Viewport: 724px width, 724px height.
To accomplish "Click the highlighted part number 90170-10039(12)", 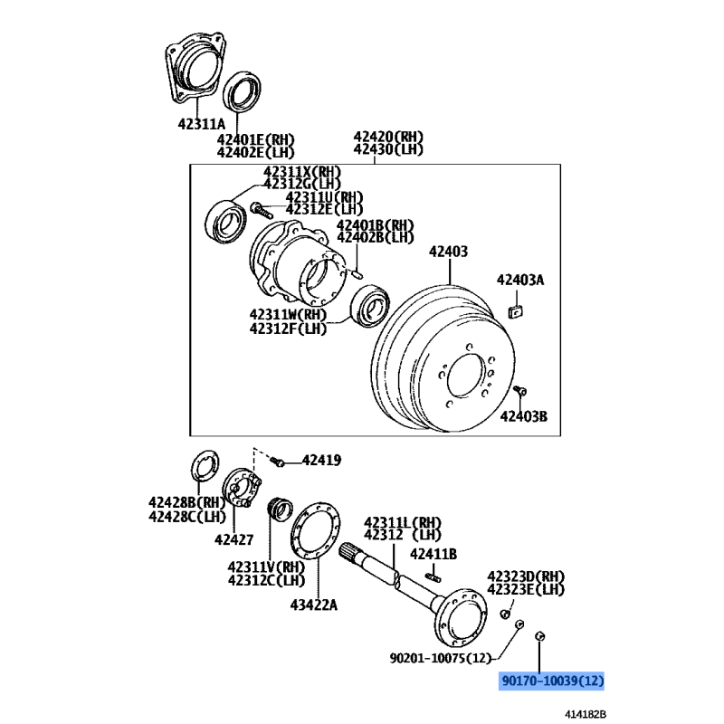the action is tap(552, 681).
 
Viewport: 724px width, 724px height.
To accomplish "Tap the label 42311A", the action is tap(201, 124).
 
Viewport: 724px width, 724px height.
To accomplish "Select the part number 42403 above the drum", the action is tap(448, 252).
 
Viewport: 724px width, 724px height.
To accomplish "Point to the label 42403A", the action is tap(520, 280).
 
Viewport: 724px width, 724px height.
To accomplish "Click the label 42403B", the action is tap(524, 416).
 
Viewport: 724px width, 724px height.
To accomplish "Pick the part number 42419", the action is tap(322, 461).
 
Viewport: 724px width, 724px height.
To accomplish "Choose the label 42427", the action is tap(233, 539).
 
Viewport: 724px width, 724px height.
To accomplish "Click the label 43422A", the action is tap(313, 605).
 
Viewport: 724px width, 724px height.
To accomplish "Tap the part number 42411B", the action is tap(433, 554).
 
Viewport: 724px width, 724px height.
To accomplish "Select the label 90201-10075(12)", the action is tap(441, 658).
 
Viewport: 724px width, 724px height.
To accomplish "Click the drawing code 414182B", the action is tap(585, 714).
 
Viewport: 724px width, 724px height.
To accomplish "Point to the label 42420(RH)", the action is tap(388, 137).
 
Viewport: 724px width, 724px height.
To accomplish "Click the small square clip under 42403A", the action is tap(515, 311).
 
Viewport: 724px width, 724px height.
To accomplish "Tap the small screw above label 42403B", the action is tap(519, 391).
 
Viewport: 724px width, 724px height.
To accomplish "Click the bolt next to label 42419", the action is tap(278, 462).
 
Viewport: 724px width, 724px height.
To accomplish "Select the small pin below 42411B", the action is tap(433, 576).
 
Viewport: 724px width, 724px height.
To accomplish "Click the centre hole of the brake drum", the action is tap(465, 375).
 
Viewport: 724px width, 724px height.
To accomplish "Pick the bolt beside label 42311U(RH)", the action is tap(262, 210).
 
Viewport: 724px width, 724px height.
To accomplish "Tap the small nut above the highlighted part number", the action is tap(539, 636).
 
